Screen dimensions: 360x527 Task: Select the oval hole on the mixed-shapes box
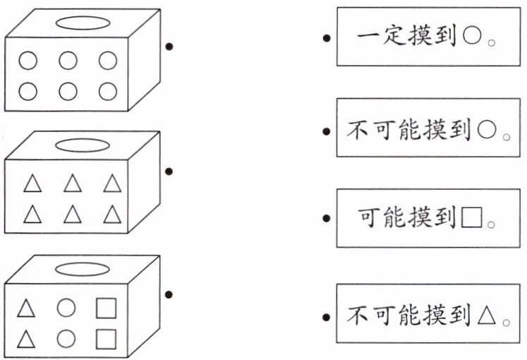click(82, 269)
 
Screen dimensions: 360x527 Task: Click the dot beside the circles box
click(169, 47)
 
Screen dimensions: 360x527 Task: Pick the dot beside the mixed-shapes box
click(169, 294)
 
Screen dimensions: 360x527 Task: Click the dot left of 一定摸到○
click(325, 38)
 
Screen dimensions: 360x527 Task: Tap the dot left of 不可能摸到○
click(325, 131)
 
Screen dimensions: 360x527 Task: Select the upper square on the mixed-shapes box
click(106, 308)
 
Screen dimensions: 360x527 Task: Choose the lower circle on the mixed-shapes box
click(66, 338)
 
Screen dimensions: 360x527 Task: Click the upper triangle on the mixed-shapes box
click(26, 308)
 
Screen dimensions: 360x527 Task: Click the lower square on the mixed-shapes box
click(106, 338)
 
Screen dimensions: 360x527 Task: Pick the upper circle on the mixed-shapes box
click(66, 308)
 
